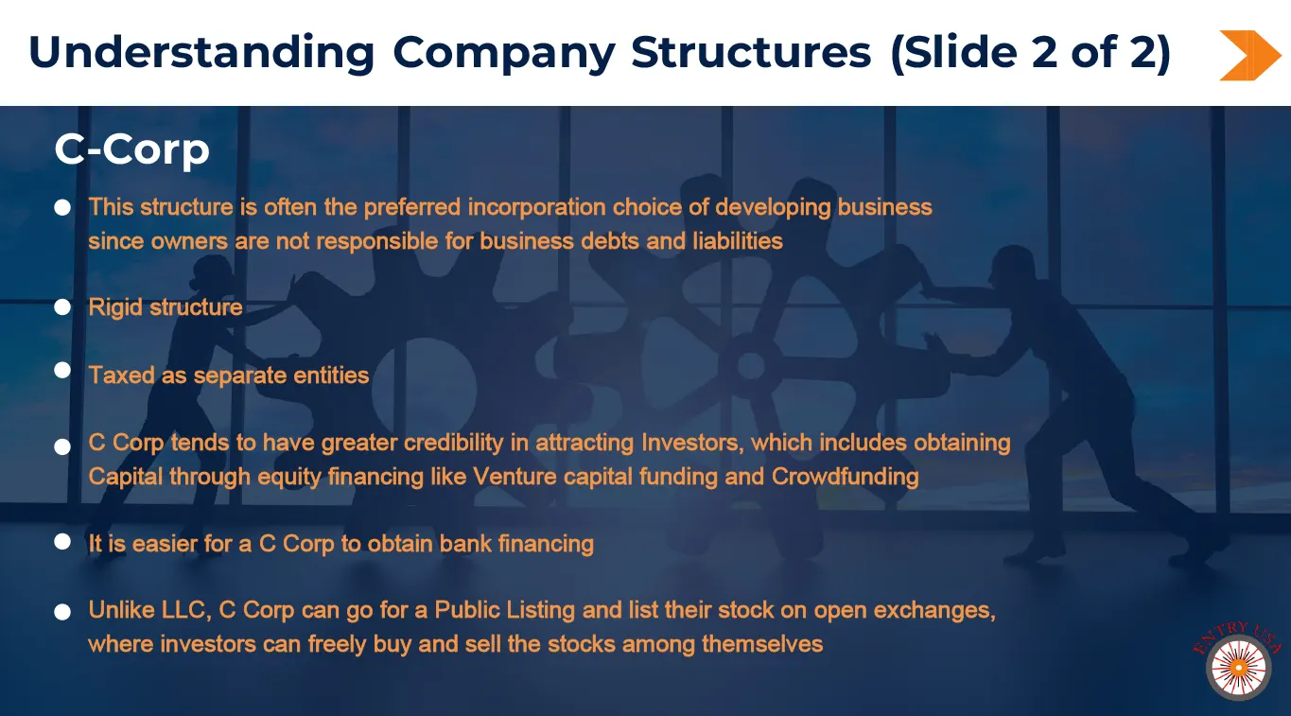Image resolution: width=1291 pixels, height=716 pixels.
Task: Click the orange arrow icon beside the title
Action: [1249, 56]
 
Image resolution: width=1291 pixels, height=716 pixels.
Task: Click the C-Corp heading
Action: [132, 148]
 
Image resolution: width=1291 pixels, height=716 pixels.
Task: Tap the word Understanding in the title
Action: [201, 53]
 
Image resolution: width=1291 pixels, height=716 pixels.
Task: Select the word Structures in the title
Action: [751, 52]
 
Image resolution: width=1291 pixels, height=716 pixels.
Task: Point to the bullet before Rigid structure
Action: [62, 307]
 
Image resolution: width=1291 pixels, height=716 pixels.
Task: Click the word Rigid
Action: [115, 307]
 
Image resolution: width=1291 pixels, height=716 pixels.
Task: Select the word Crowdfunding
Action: [845, 477]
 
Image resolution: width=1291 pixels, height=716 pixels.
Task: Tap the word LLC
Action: [185, 610]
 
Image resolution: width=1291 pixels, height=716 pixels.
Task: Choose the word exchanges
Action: [934, 610]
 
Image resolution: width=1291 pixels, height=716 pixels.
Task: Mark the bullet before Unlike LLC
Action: [62, 612]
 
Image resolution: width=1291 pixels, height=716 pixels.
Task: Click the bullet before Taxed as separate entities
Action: [62, 370]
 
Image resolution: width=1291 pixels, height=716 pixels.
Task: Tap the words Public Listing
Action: [504, 610]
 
